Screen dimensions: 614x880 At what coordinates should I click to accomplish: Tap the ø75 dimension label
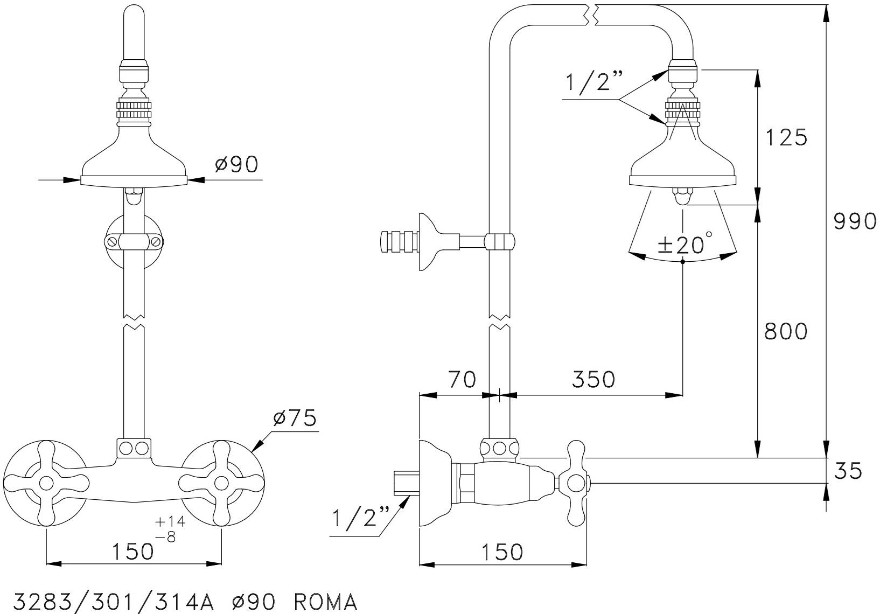pos(295,418)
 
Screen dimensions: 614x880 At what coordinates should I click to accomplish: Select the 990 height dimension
pos(855,221)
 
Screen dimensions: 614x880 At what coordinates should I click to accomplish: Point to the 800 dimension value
pos(786,331)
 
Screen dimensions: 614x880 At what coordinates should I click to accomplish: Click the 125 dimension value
pos(786,138)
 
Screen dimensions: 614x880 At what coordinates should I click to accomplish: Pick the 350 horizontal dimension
pos(592,380)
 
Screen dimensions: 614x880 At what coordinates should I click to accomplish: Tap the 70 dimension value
pos(462,379)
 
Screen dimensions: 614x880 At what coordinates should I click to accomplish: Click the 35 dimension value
pos(848,471)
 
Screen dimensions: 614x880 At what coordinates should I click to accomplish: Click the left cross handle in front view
pos(46,480)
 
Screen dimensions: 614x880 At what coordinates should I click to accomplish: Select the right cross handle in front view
pos(221,480)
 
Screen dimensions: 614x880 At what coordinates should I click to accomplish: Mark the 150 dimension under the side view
pos(501,552)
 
